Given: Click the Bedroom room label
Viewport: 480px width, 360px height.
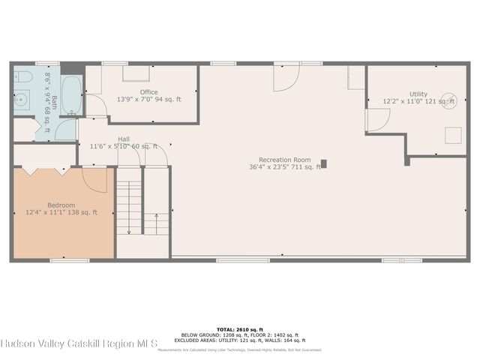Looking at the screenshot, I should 61,205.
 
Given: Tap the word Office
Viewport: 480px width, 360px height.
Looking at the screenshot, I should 148,91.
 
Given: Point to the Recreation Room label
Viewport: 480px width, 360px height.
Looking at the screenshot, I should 284,160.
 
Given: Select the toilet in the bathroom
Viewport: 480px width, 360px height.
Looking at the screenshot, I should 22,78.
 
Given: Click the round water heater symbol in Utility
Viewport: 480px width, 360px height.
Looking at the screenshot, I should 448,100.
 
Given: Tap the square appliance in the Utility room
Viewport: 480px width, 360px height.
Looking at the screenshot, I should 454,135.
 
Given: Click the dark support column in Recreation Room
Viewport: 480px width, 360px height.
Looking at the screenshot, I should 324,163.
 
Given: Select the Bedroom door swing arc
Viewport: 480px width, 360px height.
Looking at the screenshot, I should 96,183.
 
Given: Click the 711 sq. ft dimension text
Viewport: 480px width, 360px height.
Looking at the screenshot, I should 307,167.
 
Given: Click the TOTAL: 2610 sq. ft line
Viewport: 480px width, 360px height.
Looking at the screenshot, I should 240,329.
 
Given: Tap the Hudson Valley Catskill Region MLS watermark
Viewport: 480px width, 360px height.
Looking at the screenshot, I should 79,343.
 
